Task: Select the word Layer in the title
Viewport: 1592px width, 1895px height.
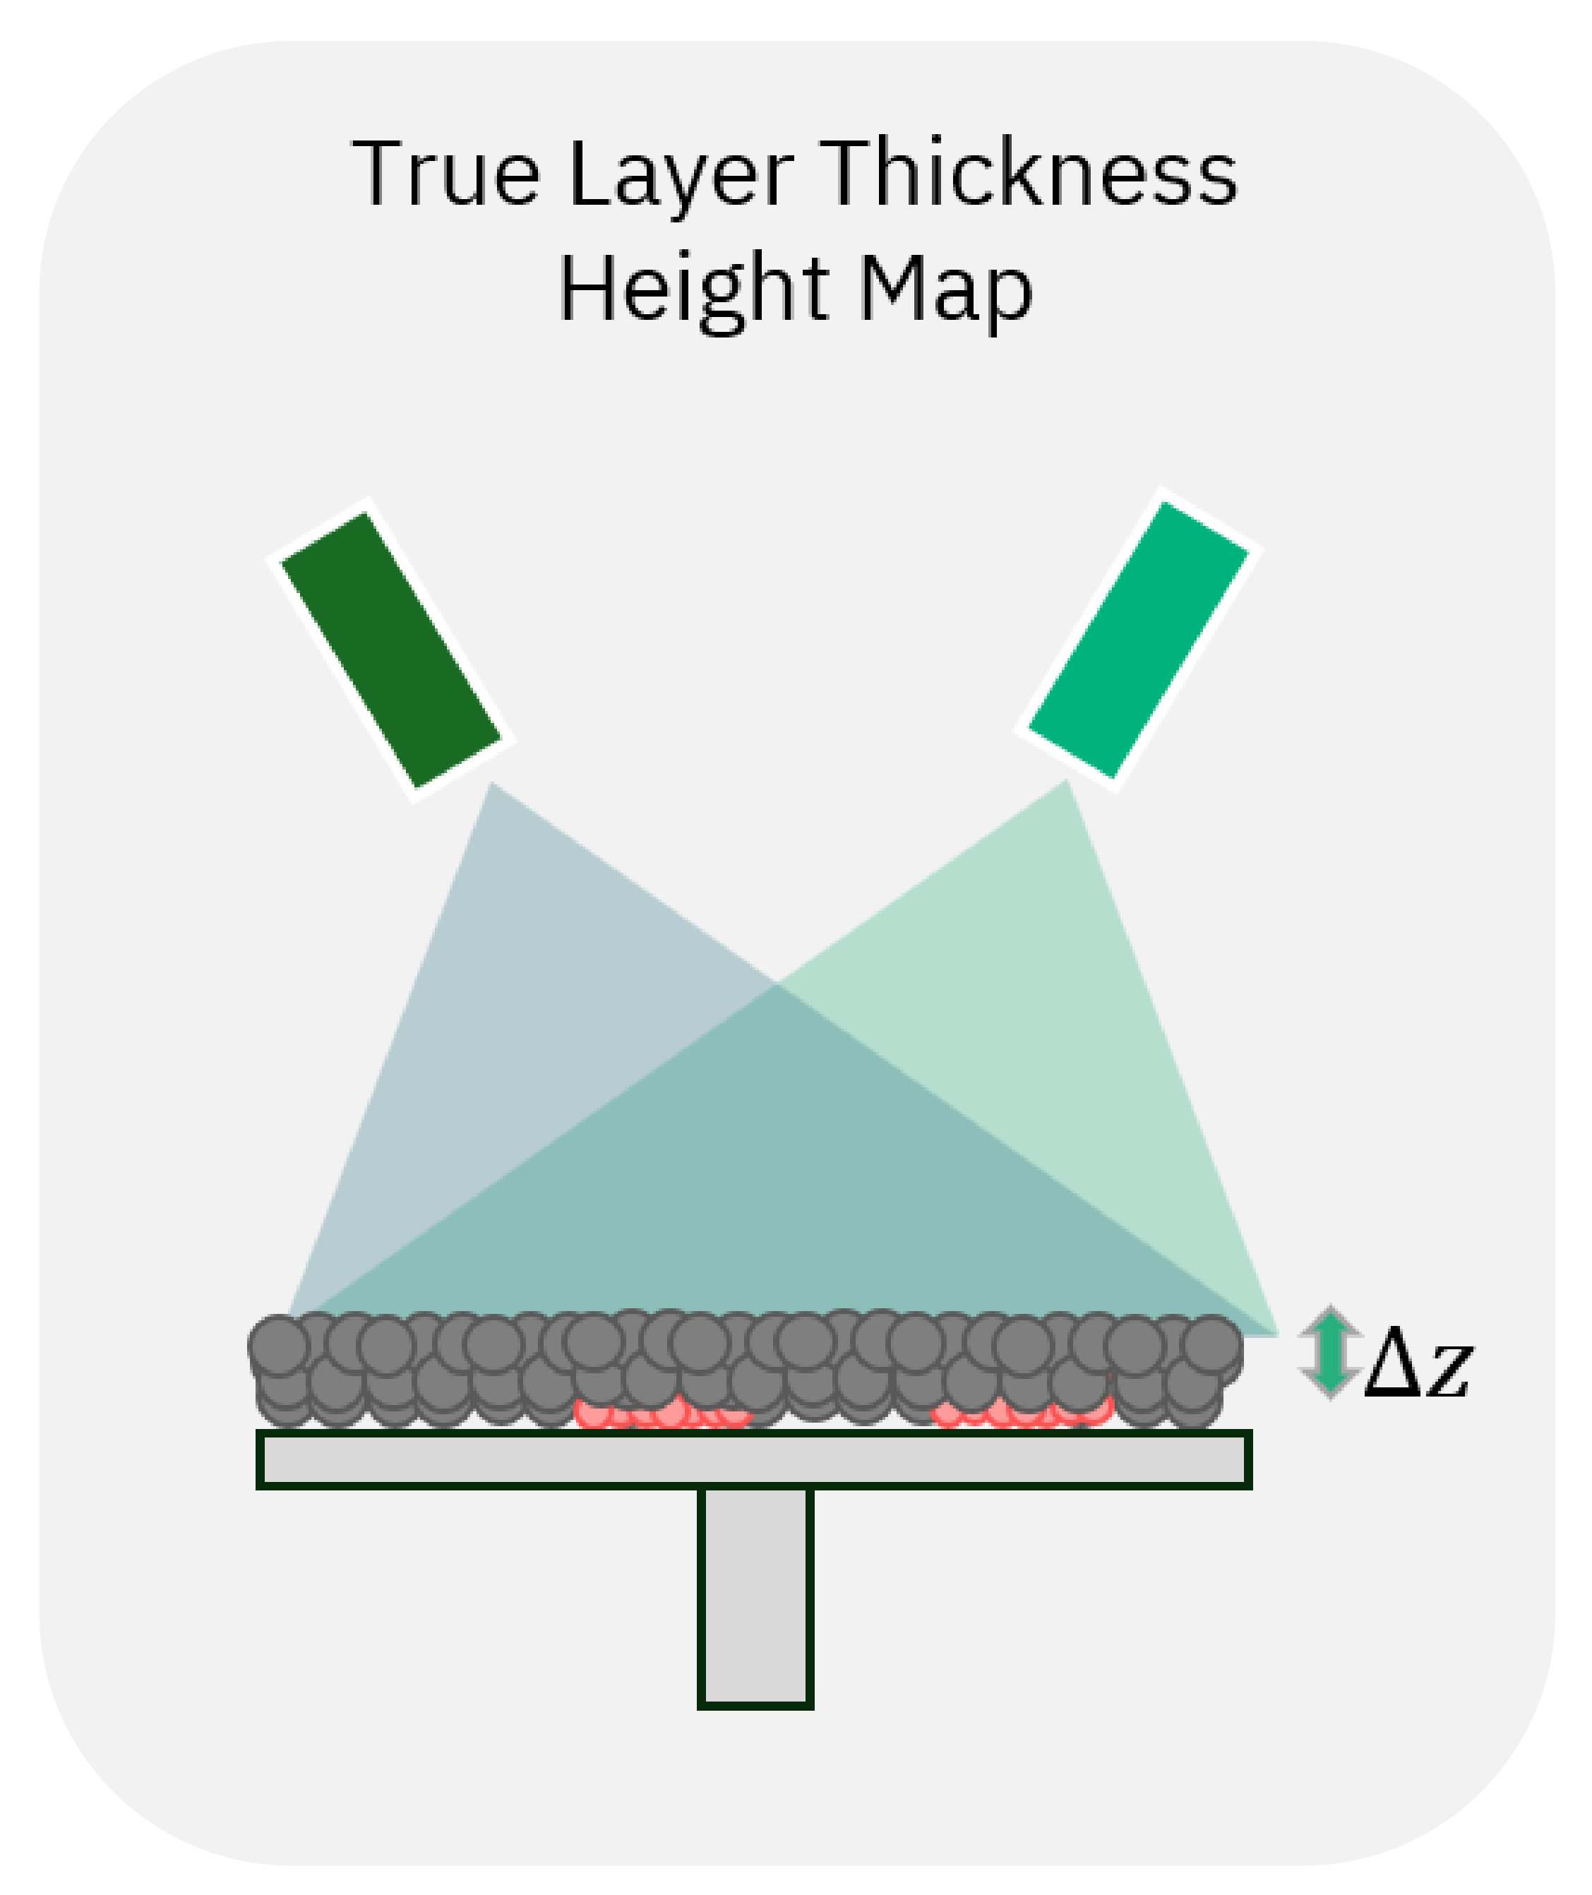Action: pos(681,176)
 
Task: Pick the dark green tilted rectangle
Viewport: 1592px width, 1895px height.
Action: pos(391,649)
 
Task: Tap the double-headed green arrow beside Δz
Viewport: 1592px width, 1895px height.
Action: pos(1330,1351)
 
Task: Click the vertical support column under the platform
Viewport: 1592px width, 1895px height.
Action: pos(755,1596)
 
